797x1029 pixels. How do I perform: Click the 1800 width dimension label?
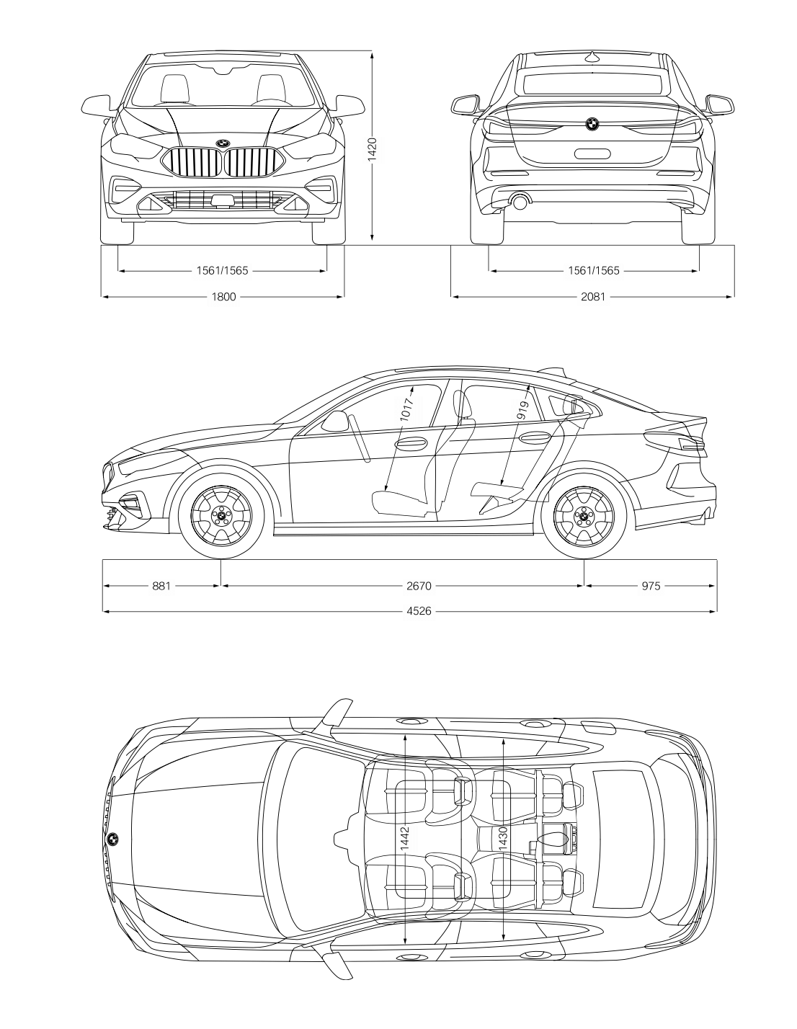click(223, 297)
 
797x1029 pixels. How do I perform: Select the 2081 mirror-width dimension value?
click(593, 297)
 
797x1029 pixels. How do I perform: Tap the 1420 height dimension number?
click(373, 149)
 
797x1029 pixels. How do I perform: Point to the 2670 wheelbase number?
click(419, 586)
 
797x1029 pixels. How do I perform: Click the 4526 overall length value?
click(419, 611)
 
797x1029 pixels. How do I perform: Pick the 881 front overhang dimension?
click(161, 586)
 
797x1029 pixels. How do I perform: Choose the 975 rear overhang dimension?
click(651, 586)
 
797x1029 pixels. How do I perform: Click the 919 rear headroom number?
click(522, 411)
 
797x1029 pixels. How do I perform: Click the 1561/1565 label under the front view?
click(222, 271)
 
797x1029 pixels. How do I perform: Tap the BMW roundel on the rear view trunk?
click(592, 124)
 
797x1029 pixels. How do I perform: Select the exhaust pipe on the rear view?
click(520, 202)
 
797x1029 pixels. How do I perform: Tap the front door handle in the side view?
click(410, 443)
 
